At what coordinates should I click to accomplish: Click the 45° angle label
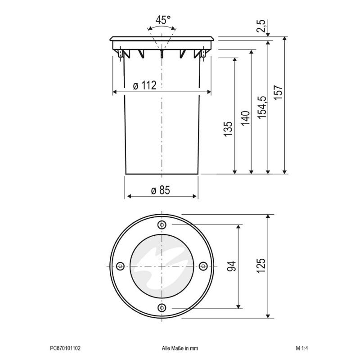[163, 20]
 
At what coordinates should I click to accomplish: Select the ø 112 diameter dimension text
[145, 85]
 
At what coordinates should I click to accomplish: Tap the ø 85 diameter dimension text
[161, 190]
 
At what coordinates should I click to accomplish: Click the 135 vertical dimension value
[228, 129]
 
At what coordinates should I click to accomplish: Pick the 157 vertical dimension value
[279, 94]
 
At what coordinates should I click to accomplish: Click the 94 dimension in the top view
[231, 266]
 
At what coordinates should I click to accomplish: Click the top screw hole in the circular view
[162, 225]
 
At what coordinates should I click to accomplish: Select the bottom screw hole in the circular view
[162, 307]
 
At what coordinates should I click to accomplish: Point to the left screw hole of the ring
[120, 266]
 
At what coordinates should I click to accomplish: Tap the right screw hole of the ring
[203, 266]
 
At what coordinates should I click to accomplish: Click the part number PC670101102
[65, 348]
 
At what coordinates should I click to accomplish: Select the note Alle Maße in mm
[180, 348]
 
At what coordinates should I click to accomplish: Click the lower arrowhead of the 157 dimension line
[285, 171]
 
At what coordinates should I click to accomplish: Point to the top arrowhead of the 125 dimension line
[269, 217]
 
